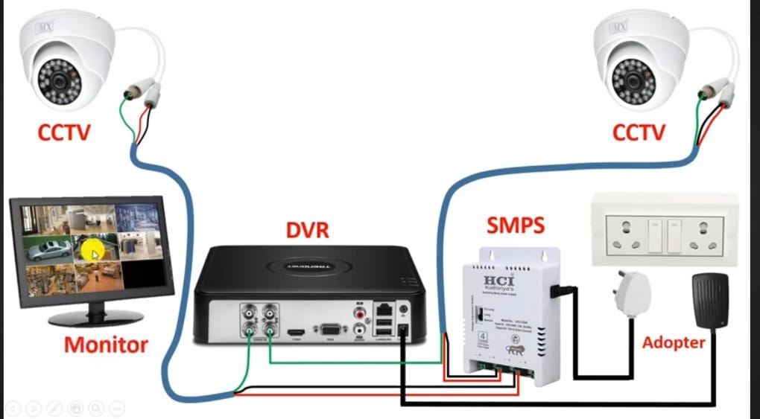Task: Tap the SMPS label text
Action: pyautogui.click(x=516, y=223)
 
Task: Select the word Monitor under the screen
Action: pyautogui.click(x=106, y=345)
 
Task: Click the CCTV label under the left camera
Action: pyautogui.click(x=64, y=132)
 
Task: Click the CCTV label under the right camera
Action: pyautogui.click(x=639, y=132)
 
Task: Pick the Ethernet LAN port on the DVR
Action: pyautogui.click(x=384, y=308)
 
